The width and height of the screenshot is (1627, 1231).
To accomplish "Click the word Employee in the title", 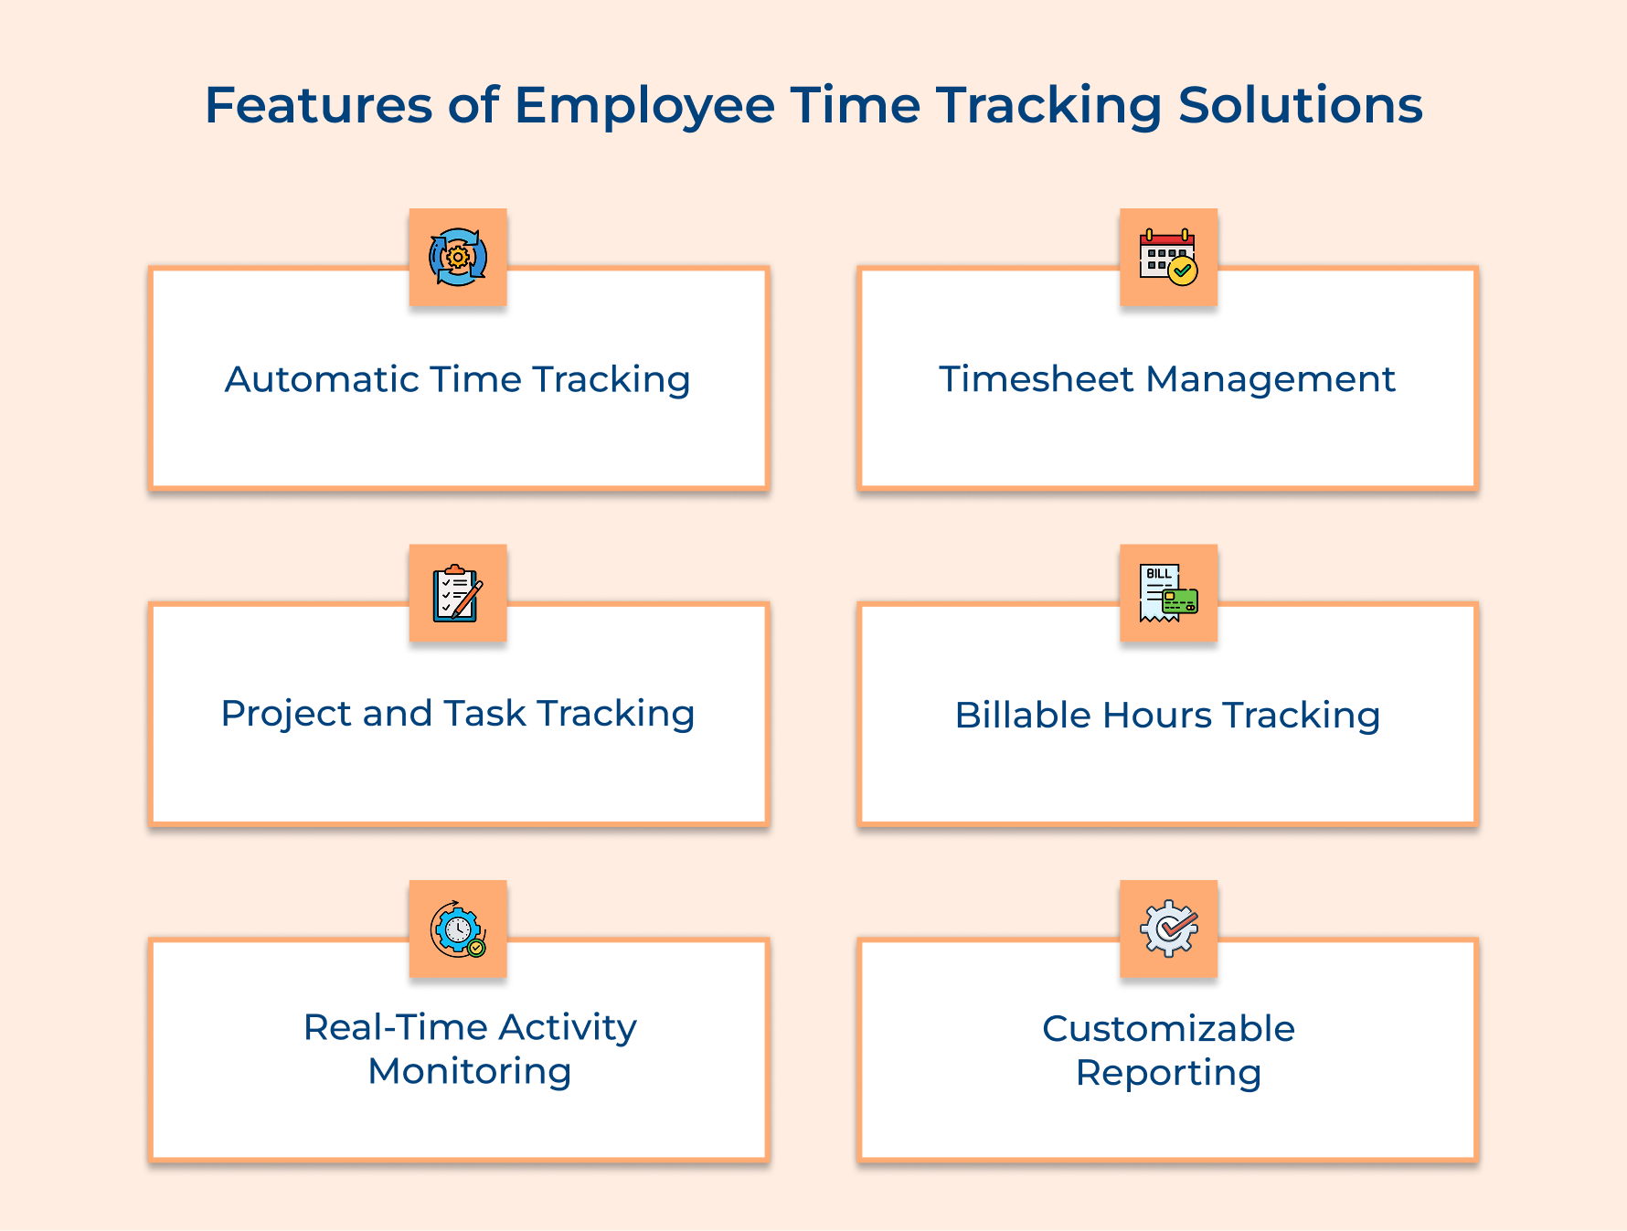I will click(x=644, y=106).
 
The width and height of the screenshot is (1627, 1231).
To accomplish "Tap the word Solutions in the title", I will click(x=1300, y=106).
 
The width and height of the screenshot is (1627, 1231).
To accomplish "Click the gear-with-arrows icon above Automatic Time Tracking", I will click(x=458, y=257).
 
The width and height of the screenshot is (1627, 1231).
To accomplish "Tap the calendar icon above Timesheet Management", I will click(x=1168, y=257).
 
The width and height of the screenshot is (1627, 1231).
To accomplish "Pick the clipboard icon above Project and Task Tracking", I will click(x=458, y=593).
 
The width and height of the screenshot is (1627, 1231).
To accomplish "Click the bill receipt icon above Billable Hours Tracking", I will click(x=1168, y=593).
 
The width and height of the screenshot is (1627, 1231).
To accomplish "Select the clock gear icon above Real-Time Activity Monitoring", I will click(x=458, y=929).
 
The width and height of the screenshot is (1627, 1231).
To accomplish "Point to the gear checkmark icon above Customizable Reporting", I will click(x=1168, y=929).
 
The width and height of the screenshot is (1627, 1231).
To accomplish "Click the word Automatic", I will click(x=321, y=379).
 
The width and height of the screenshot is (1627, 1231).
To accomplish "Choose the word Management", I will click(x=1271, y=379).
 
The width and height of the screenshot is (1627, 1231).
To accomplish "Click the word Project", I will click(x=285, y=715).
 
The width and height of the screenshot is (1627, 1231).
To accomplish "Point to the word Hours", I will click(x=1157, y=716).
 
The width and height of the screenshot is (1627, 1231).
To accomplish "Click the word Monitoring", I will click(x=470, y=1072).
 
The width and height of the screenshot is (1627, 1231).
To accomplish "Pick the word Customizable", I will click(x=1168, y=1029).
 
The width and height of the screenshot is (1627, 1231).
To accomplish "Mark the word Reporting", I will click(x=1168, y=1073).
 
